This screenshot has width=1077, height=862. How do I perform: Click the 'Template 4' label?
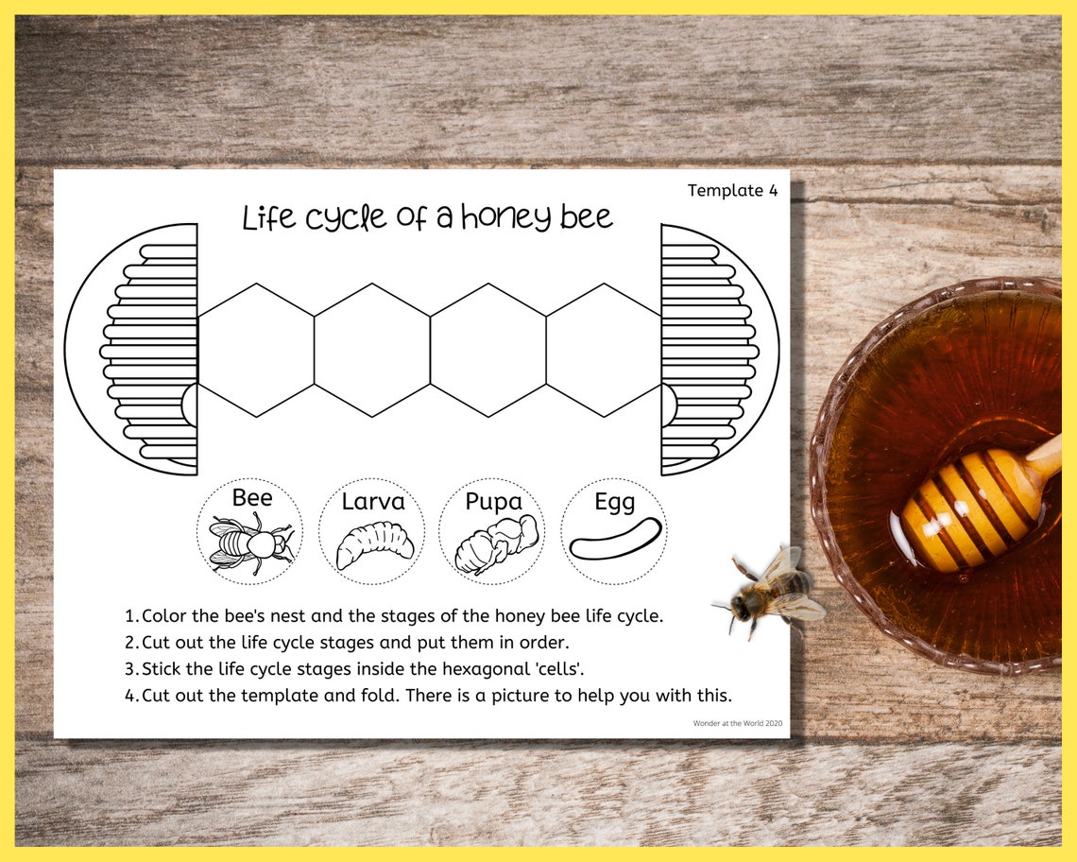click(x=732, y=191)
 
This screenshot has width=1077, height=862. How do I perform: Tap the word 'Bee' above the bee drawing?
click(x=251, y=497)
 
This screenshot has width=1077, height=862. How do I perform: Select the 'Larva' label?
click(x=372, y=501)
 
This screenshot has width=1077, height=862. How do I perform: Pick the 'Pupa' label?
click(x=493, y=502)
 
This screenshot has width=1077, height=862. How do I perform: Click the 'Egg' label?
click(x=614, y=502)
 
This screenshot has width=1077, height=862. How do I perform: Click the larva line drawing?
click(x=374, y=545)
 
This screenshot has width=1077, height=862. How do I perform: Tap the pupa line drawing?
click(x=495, y=546)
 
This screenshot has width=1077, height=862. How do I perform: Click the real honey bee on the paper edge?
click(x=770, y=592)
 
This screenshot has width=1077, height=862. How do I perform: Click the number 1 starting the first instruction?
click(x=130, y=616)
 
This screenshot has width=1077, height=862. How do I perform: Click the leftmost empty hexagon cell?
click(x=255, y=350)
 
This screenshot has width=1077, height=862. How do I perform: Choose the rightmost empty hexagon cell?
click(x=604, y=350)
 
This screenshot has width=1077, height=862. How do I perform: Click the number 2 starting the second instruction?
click(x=130, y=643)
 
